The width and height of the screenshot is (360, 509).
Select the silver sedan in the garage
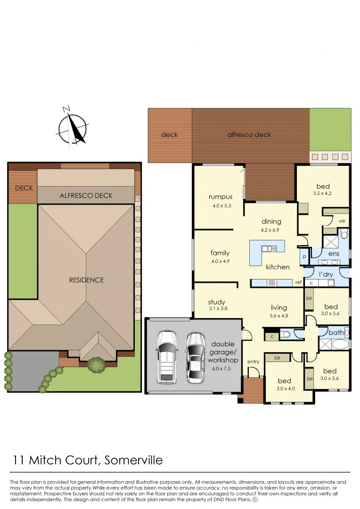point(196,357)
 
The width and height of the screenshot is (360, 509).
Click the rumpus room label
point(221,197)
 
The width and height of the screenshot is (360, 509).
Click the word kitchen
point(278,267)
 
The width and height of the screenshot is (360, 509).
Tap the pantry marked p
point(304,257)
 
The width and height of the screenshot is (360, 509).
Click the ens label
point(334,254)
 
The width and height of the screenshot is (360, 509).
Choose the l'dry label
point(326,274)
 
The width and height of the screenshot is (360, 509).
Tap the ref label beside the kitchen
point(298,283)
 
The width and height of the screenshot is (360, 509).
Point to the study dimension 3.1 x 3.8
point(218,309)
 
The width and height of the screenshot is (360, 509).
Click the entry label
point(253,361)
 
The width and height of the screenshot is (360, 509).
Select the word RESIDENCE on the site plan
point(86,280)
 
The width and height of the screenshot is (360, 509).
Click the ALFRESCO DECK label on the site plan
point(86,195)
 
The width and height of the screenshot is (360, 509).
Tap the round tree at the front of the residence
point(97,364)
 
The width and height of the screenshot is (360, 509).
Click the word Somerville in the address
point(133,460)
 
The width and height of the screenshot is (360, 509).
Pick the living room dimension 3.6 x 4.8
point(278,316)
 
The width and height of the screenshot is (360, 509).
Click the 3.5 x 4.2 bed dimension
point(323,193)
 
